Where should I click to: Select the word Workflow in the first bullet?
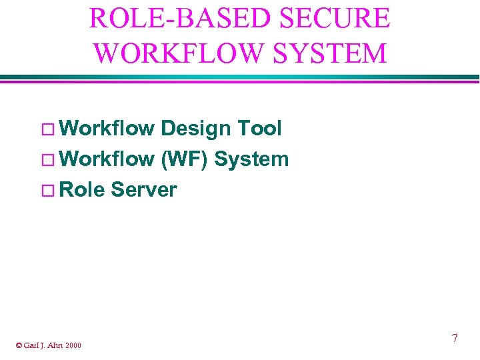(107, 128)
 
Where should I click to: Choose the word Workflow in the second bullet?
(107, 159)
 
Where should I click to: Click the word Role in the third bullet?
(82, 190)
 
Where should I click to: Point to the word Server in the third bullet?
(144, 190)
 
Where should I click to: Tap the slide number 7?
(455, 339)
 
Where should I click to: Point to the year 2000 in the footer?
(74, 345)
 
